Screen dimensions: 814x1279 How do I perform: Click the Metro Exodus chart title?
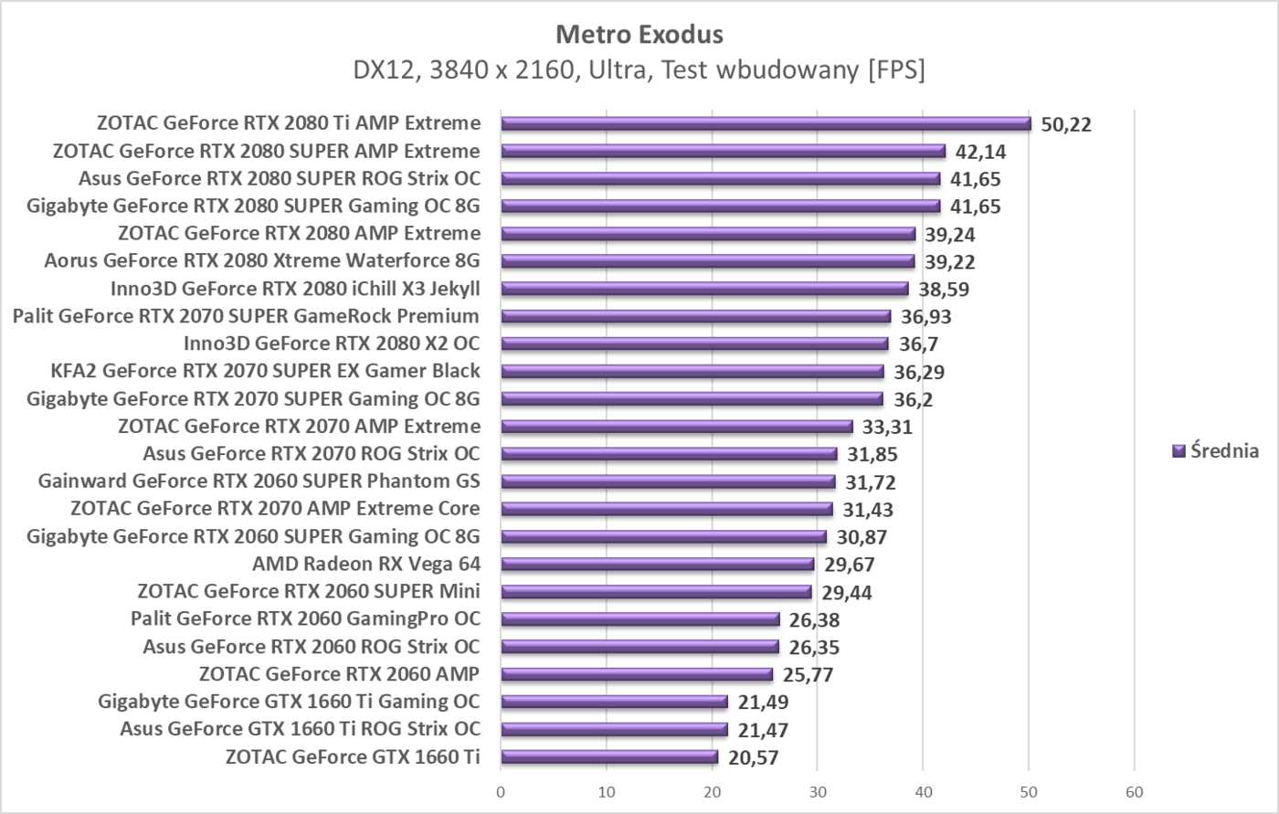[639, 35]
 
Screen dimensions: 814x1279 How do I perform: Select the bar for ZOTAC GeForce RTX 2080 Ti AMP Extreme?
[766, 123]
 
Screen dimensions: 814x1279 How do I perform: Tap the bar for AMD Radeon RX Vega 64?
[657, 564]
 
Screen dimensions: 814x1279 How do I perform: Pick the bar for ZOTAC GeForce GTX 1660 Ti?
[609, 756]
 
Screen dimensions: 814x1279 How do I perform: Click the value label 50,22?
[1066, 124]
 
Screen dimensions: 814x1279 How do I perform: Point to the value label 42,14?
[981, 152]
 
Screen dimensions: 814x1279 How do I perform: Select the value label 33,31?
[887, 427]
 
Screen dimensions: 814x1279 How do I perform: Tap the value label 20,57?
[754, 757]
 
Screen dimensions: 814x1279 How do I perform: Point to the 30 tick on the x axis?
[818, 791]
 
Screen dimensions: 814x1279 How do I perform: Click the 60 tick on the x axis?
[1135, 791]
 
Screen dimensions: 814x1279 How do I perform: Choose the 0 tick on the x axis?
[501, 791]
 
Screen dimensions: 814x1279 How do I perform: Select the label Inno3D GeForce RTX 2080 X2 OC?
[332, 344]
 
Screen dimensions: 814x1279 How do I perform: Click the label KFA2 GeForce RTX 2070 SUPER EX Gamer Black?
[266, 371]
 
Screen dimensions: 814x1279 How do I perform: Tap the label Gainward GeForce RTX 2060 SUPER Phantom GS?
[259, 481]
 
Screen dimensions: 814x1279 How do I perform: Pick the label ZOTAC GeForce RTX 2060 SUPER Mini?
[309, 591]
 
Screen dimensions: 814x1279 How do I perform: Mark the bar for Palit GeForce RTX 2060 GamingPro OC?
[639, 619]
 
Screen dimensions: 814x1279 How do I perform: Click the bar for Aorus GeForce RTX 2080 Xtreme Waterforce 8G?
[707, 261]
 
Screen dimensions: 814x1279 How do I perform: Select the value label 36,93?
[926, 317]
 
